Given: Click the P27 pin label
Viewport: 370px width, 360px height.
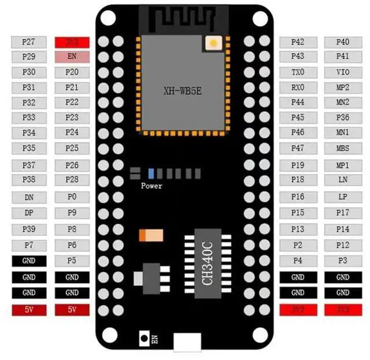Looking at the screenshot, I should [28, 42].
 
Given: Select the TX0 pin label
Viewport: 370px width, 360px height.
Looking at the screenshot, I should [298, 72].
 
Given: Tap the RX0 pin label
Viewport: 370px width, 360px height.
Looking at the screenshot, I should [298, 87].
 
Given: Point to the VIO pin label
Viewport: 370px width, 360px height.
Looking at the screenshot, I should [343, 72].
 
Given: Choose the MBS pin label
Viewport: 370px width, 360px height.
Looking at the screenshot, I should [343, 148].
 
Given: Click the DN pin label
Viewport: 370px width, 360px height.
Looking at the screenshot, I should [28, 197].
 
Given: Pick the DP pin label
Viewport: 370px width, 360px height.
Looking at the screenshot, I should [28, 213].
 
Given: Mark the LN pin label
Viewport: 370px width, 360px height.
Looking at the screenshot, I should [343, 180].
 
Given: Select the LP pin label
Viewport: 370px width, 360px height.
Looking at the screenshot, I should [343, 197].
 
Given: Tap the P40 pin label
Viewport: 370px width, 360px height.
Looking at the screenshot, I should [343, 42].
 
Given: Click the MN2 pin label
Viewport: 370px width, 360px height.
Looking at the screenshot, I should [343, 102].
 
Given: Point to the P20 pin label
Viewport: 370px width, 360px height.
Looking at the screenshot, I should [72, 72].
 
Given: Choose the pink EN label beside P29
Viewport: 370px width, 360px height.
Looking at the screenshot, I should [72, 57].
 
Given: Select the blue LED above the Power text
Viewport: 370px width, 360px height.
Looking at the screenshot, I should [151, 173].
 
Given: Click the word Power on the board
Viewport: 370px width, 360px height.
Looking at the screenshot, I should [151, 186].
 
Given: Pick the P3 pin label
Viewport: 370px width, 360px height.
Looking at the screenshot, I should [343, 261].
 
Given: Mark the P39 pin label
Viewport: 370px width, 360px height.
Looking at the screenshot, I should [28, 229].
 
